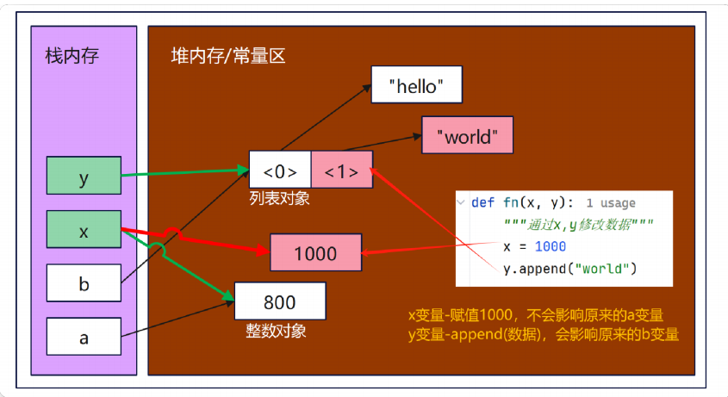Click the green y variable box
(84, 178)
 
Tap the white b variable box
(84, 284)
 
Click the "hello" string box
(417, 85)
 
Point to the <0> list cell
(280, 170)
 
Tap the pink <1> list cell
(341, 170)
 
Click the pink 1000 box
(315, 254)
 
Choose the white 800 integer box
(280, 302)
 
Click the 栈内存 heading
(72, 56)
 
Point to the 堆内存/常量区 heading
(228, 57)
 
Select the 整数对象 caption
(276, 330)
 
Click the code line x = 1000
(534, 247)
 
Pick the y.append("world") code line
(569, 269)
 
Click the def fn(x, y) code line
(520, 203)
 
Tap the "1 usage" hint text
(610, 204)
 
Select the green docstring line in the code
(578, 226)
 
